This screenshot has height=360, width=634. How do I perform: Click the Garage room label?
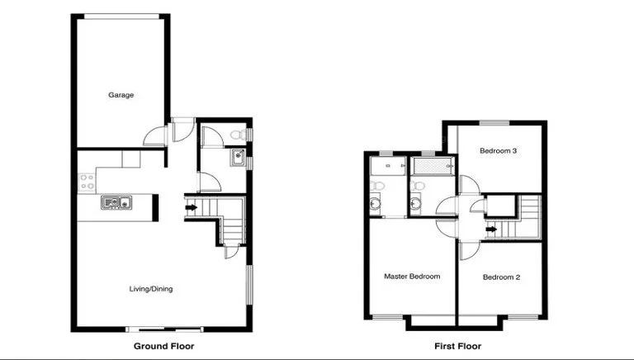pyautogui.click(x=121, y=95)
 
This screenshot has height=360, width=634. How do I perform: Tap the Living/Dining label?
pyautogui.click(x=151, y=288)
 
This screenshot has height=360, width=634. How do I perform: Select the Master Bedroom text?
pyautogui.click(x=412, y=276)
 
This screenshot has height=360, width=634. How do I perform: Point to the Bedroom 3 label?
pyautogui.click(x=499, y=151)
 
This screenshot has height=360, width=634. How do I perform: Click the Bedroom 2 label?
pyautogui.click(x=501, y=277)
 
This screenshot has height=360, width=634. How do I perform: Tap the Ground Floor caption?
pyautogui.click(x=163, y=347)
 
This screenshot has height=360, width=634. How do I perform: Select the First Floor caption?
pyautogui.click(x=457, y=347)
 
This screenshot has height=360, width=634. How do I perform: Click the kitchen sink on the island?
pyautogui.click(x=116, y=202)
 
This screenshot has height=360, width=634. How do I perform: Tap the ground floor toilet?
pyautogui.click(x=235, y=135)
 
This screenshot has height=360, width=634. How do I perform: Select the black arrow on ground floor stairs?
pyautogui.click(x=192, y=208)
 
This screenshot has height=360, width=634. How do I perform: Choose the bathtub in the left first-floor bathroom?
pyautogui.click(x=383, y=167)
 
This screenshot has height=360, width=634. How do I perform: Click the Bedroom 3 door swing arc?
pyautogui.click(x=468, y=183)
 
